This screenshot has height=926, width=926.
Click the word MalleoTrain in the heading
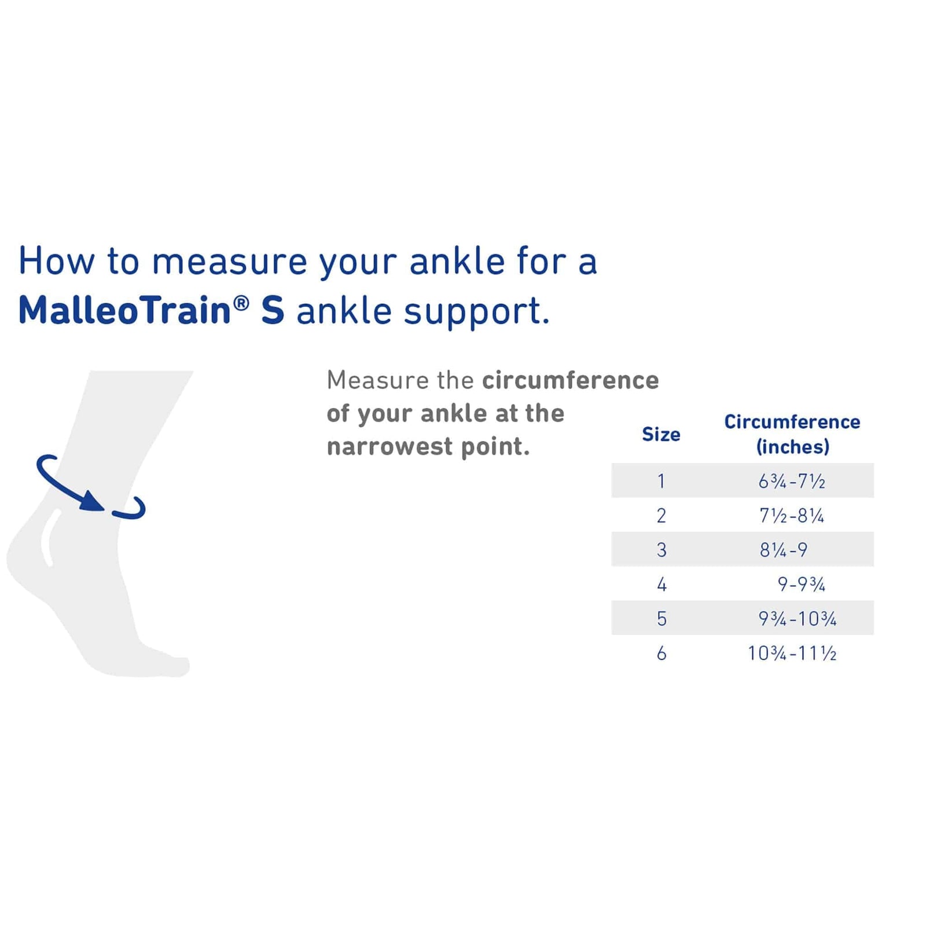coord(124,310)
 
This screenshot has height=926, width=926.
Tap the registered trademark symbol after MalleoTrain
coord(241,303)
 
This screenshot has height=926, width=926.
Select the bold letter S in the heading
coord(273,311)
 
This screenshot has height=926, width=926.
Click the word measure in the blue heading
coord(229,262)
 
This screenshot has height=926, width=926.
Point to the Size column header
coord(661,434)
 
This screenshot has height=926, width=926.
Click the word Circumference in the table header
coord(792,422)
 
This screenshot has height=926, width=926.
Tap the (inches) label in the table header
coord(792,447)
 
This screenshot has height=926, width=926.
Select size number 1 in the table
coord(661,481)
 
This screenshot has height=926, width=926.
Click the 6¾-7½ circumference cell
coord(792,481)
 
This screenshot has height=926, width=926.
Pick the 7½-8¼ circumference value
coord(792,516)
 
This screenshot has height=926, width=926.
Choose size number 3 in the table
coord(662,550)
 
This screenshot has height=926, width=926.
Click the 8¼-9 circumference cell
coord(784,550)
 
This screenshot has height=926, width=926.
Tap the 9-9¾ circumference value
coord(801,585)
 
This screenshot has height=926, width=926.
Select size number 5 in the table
coord(662,619)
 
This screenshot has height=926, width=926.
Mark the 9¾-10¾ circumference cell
coord(798,619)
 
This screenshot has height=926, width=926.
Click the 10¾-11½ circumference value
coord(792,653)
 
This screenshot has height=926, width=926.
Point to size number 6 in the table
coord(662,653)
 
